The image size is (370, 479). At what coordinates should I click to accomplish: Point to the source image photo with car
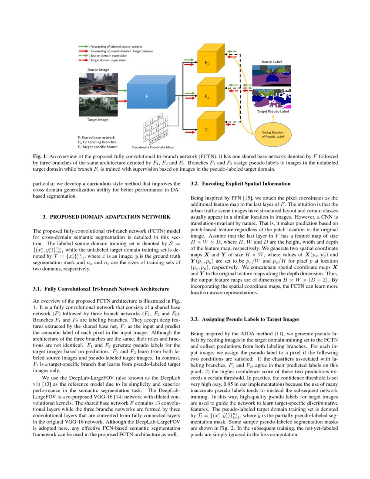98,84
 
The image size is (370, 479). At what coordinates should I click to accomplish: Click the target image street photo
98,106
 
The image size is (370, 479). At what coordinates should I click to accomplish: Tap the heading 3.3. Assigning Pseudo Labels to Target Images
245,319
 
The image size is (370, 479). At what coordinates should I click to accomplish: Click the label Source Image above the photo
98,70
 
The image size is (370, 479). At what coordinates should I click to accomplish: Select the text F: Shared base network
96,137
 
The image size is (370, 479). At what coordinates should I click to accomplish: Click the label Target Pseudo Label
273,111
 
